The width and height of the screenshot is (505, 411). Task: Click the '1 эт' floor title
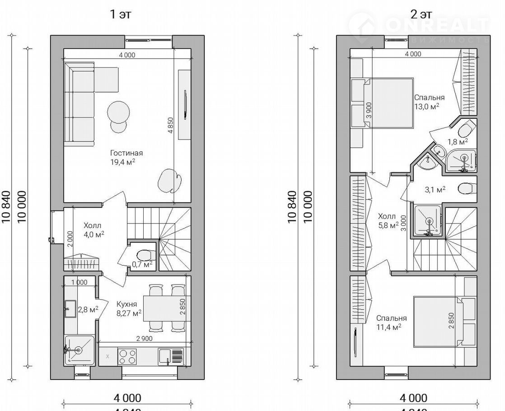click(x=121, y=14)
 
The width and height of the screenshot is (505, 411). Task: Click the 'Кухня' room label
click(x=127, y=304)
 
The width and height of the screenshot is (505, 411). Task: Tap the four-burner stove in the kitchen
click(x=127, y=356)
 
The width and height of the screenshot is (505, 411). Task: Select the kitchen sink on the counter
click(x=171, y=356)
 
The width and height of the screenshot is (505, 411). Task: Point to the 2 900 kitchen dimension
click(x=144, y=339)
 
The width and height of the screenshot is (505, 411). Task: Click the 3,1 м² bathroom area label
click(x=436, y=190)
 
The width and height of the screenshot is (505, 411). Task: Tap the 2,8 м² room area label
click(x=88, y=309)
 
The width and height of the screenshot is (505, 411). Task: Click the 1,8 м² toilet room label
click(x=457, y=142)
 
